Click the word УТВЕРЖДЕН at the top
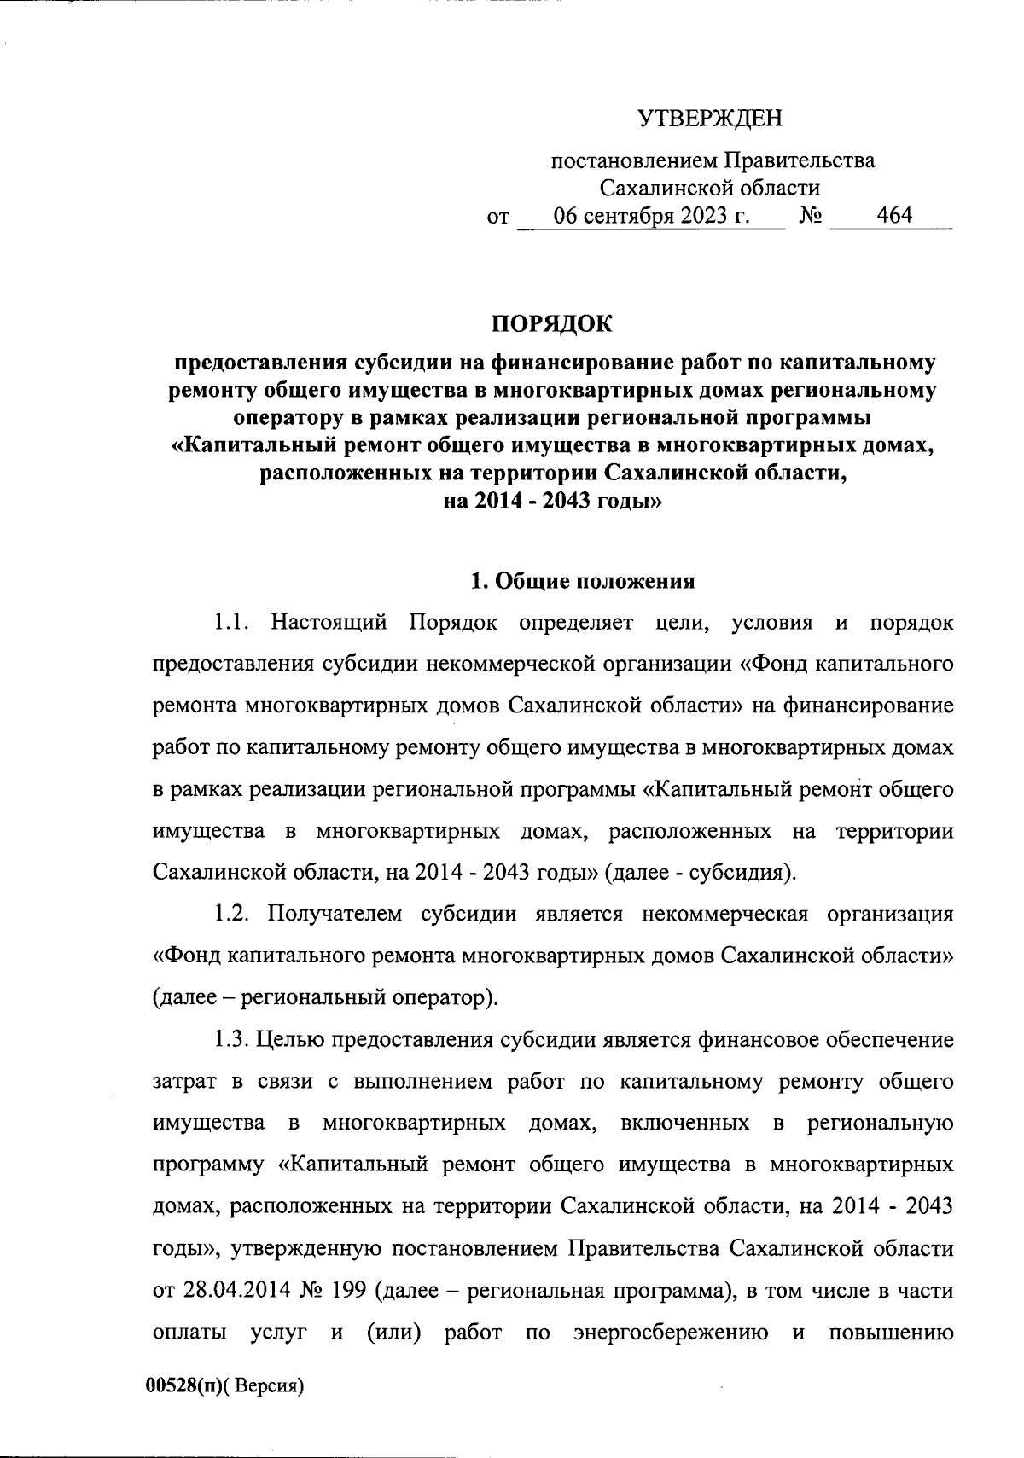pos(712,118)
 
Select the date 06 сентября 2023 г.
pos(652,216)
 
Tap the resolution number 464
pos(894,216)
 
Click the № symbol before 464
pos(811,217)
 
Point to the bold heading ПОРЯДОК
pos(551,324)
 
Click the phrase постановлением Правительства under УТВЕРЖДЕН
pos(712,160)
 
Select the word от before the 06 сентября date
pos(497,218)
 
